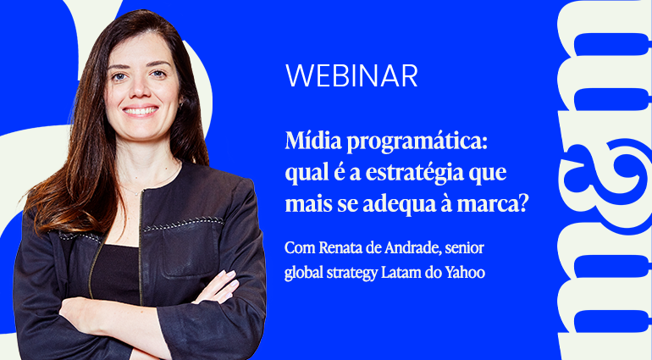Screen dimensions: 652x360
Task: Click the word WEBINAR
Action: pyautogui.click(x=351, y=75)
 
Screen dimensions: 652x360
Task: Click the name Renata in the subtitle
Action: pyautogui.click(x=339, y=248)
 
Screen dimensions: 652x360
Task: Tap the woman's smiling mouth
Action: pyautogui.click(x=140, y=112)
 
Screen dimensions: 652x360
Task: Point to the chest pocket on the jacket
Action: pyautogui.click(x=190, y=249)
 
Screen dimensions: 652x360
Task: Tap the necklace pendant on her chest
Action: pyautogui.click(x=137, y=193)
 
